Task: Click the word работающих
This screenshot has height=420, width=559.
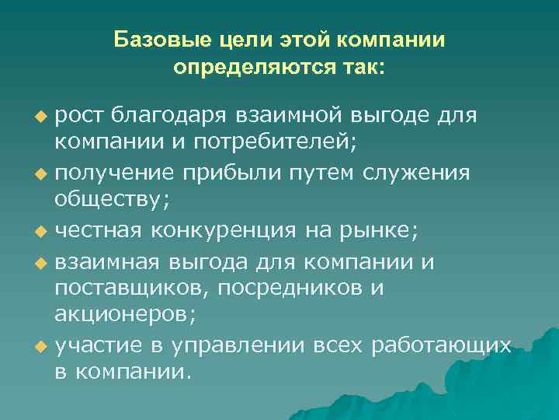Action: click(x=442, y=343)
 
